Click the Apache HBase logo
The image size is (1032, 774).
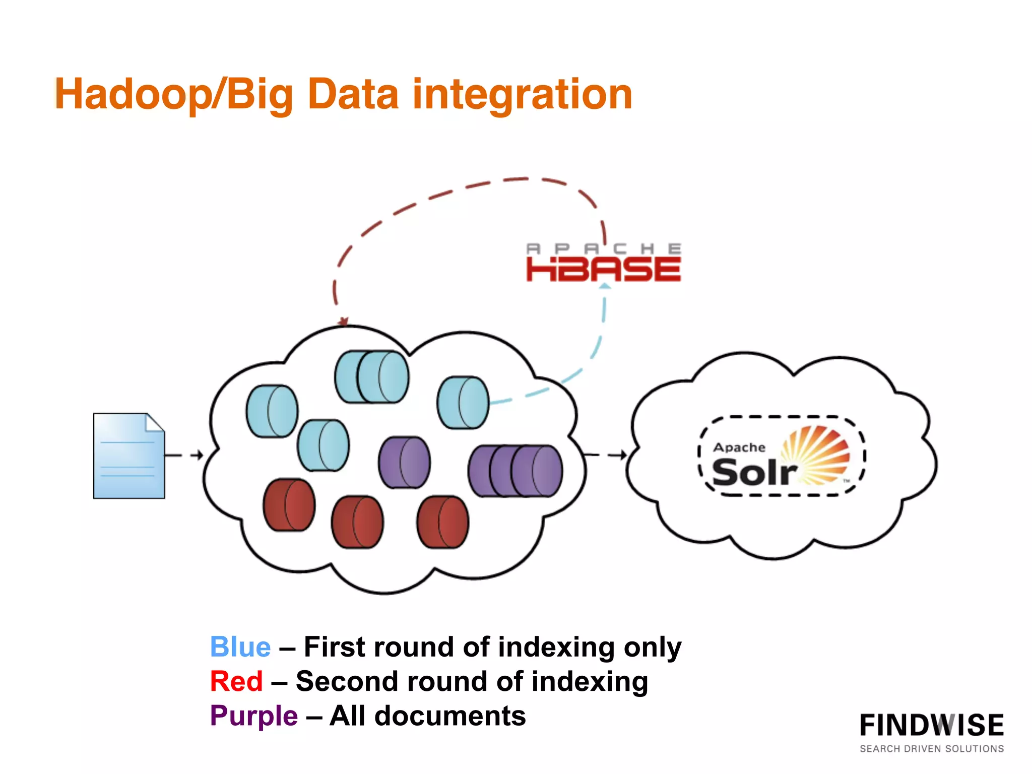(604, 263)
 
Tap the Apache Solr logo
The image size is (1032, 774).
(781, 457)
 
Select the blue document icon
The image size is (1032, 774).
(129, 456)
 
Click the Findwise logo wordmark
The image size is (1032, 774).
(931, 726)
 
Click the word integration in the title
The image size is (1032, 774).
(522, 94)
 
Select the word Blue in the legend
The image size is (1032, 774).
(240, 647)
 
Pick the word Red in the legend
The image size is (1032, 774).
(236, 681)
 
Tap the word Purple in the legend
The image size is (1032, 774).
(254, 716)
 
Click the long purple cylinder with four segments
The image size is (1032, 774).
(515, 471)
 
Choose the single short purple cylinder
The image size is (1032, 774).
(404, 462)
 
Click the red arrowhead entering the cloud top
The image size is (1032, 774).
(344, 321)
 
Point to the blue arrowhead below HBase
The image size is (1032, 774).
(605, 286)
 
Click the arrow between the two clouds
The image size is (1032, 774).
(607, 455)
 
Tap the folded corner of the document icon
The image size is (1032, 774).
(155, 422)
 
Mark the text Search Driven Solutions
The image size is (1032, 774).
(931, 749)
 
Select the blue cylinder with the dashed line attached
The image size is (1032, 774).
(463, 403)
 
